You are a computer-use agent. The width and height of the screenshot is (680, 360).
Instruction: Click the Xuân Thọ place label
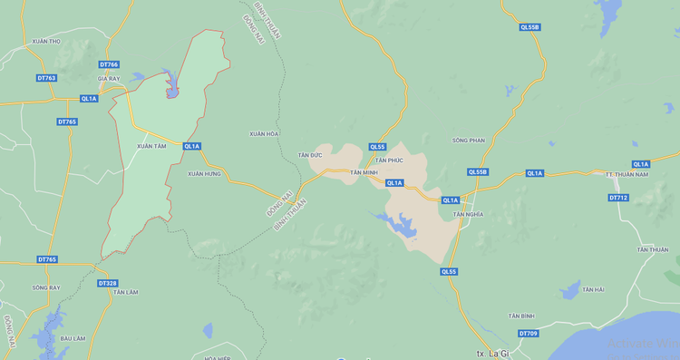coord(44,42)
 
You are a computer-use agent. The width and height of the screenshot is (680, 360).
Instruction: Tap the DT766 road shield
coord(109,64)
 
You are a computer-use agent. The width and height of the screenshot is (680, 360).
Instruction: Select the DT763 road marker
coord(46,78)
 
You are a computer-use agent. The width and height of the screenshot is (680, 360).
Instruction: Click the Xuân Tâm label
coord(151,146)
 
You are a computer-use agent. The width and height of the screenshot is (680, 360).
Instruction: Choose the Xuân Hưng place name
coord(204,173)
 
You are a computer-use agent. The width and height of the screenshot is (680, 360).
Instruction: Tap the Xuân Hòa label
coord(264,133)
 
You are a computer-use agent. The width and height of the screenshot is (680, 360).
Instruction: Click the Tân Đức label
coord(309,155)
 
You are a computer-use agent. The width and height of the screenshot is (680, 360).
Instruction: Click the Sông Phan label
coord(469,141)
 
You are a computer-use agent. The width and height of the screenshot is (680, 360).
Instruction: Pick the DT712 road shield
coord(618,197)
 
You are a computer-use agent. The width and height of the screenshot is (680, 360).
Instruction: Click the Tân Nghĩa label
coord(468,214)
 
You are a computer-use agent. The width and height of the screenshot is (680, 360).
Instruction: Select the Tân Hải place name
coord(593,288)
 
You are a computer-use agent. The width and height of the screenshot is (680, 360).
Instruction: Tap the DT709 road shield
coord(529,334)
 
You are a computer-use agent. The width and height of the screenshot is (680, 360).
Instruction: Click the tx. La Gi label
coord(493,353)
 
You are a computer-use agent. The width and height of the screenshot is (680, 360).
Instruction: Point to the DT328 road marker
coord(107,283)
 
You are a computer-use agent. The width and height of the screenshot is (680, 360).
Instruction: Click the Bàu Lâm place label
coord(73,338)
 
